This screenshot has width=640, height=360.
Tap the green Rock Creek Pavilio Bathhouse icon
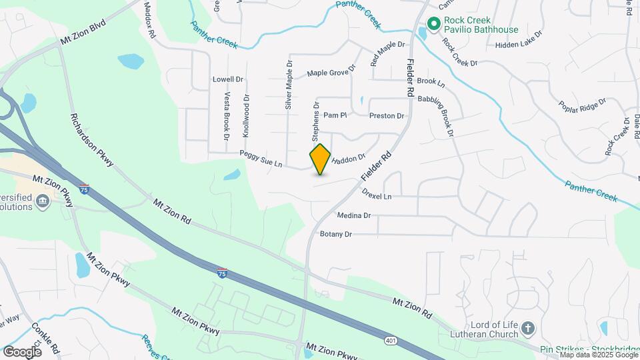(433, 25)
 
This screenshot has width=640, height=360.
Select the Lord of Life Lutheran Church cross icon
(527, 328)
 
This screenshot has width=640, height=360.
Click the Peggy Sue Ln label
(261, 159)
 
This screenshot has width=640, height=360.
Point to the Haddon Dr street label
(349, 159)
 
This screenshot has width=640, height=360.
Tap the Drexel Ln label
(377, 197)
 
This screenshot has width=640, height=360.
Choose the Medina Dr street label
(353, 216)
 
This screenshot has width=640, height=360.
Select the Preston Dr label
(387, 115)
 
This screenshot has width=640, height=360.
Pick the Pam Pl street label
(335, 115)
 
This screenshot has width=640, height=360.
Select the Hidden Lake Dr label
(520, 45)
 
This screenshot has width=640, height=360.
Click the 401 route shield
(391, 341)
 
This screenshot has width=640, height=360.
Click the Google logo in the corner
(22, 351)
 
